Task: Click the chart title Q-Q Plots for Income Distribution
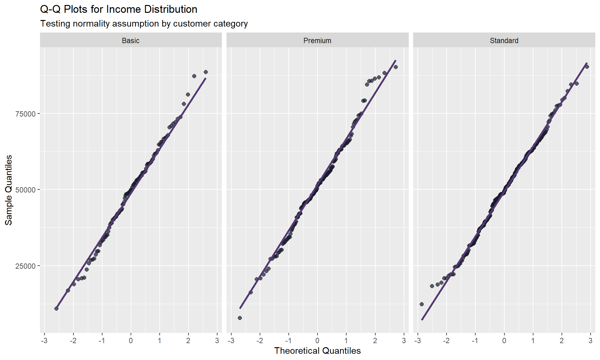(119, 9)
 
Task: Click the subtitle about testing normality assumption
(144, 24)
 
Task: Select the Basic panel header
(131, 41)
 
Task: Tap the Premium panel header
(317, 41)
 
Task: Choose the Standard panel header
(504, 41)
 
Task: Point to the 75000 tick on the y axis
(26, 114)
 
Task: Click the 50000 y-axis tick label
(26, 190)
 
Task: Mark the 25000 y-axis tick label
(26, 266)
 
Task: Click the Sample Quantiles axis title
(9, 190)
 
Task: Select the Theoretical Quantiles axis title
(317, 351)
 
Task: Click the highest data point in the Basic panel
(206, 72)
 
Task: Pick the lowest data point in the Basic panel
(56, 308)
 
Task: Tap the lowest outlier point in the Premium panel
(240, 318)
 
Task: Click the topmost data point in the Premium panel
(396, 67)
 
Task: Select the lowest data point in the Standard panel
(422, 304)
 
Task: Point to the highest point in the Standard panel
(587, 67)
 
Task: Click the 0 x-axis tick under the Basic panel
(131, 341)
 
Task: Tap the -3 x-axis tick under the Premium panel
(231, 341)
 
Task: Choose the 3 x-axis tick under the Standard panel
(590, 341)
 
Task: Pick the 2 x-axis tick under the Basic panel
(188, 341)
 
